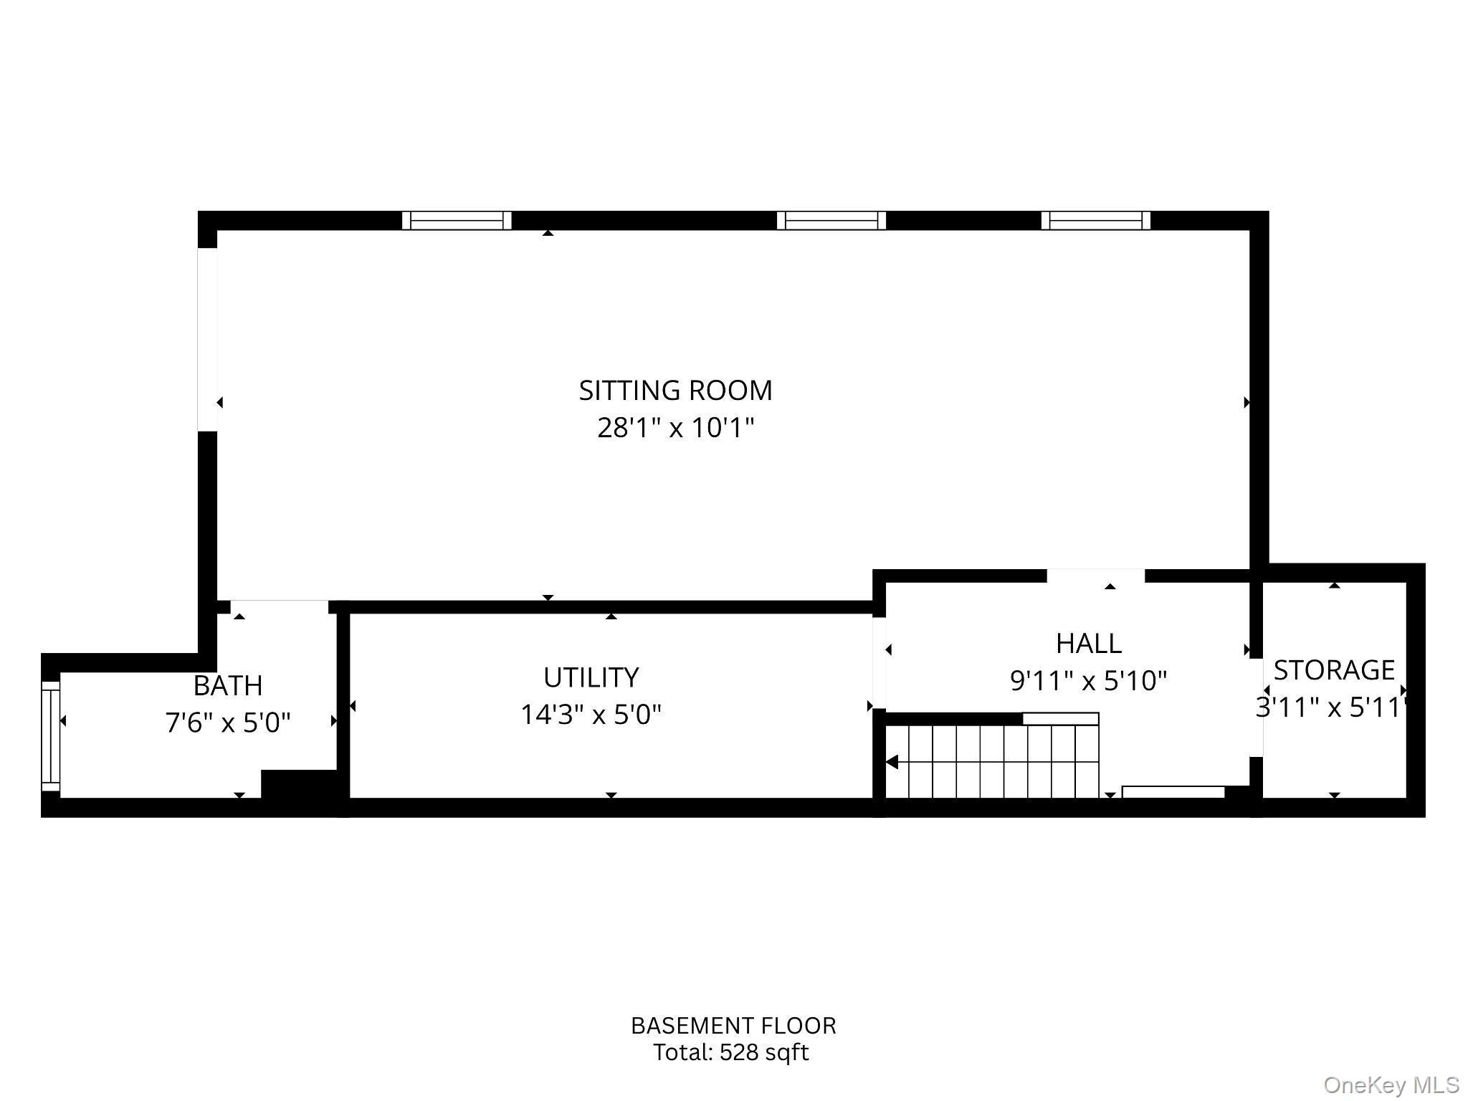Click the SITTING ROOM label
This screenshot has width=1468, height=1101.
[675, 391]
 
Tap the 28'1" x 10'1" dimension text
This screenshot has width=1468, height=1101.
[675, 428]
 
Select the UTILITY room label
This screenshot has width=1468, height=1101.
[591, 677]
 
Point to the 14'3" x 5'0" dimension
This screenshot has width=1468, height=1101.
[591, 715]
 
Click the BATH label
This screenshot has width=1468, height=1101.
[228, 686]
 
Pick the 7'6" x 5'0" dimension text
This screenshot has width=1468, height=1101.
[228, 723]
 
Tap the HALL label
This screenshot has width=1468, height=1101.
[1088, 644]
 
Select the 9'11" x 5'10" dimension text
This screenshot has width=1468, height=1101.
[1088, 680]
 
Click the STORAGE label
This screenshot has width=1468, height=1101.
[1334, 670]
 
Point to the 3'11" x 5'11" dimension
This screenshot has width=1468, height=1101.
[1331, 707]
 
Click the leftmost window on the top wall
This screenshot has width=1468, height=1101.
[457, 220]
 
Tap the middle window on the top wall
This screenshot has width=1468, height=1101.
[831, 220]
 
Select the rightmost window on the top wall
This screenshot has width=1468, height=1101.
[1095, 220]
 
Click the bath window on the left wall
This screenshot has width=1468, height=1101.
[50, 735]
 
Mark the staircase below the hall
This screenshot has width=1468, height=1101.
[993, 761]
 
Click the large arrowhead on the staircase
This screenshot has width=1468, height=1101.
[892, 762]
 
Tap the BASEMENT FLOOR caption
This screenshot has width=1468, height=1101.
[733, 1026]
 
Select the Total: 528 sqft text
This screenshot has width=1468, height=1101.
[730, 1052]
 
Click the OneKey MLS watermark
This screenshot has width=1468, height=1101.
[1391, 1085]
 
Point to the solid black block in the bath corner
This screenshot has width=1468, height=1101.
[299, 785]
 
